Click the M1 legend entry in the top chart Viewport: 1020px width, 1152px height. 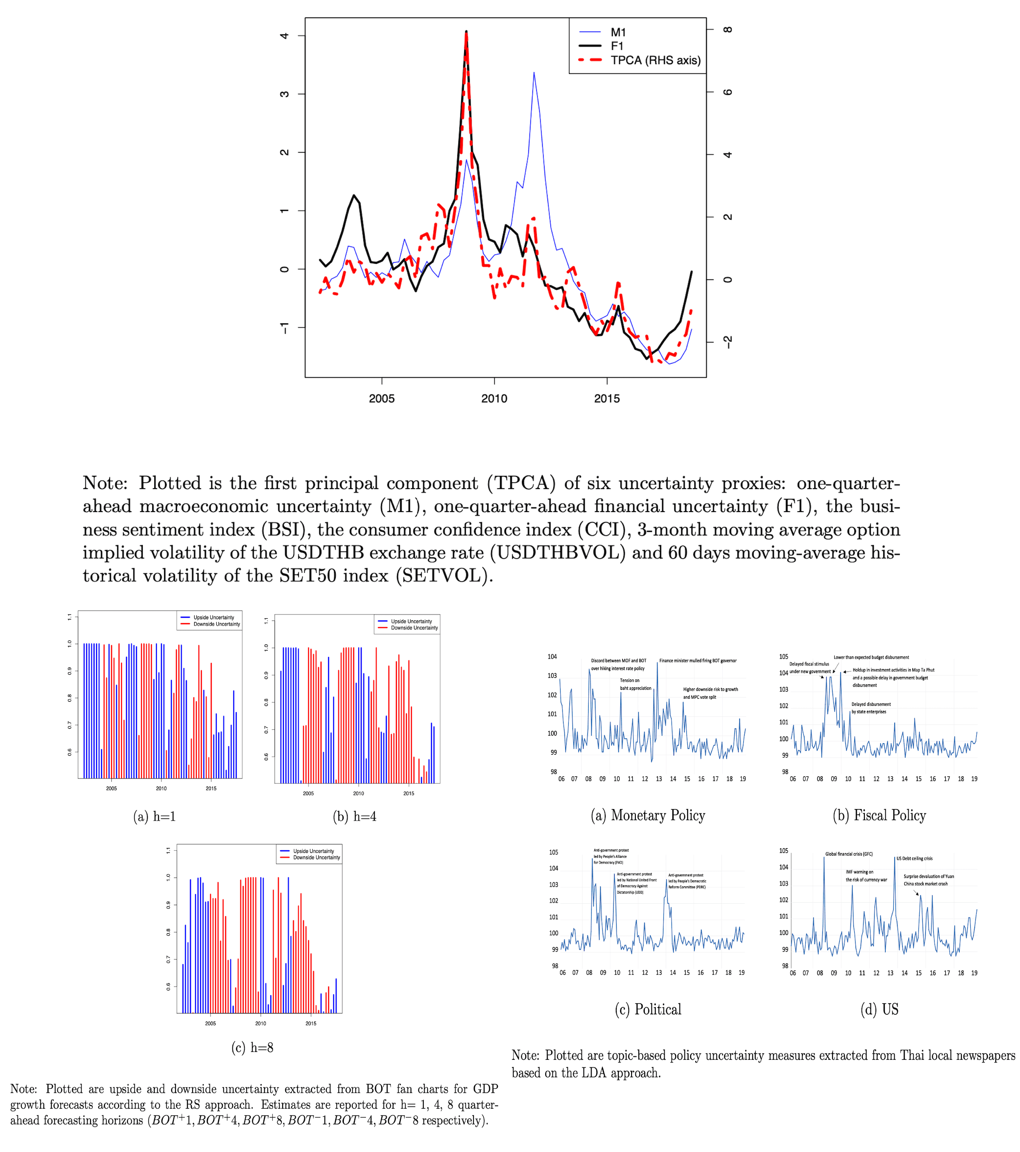click(618, 33)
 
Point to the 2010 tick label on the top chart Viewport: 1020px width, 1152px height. click(494, 399)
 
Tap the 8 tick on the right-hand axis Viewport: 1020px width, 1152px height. click(728, 30)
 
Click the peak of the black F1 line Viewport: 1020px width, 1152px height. click(466, 31)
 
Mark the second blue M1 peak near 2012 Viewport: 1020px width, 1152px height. click(534, 73)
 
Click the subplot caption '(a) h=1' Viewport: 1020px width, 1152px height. click(154, 817)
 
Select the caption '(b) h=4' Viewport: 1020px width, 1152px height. click(354, 817)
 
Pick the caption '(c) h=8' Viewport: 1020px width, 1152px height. click(252, 1048)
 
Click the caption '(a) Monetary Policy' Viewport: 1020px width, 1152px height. click(648, 815)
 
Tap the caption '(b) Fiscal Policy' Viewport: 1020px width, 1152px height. click(879, 815)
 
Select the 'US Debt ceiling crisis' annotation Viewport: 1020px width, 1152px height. click(914, 859)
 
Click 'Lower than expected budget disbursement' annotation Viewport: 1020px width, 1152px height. click(871, 657)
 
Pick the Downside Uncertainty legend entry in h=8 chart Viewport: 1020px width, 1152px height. click(316, 858)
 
